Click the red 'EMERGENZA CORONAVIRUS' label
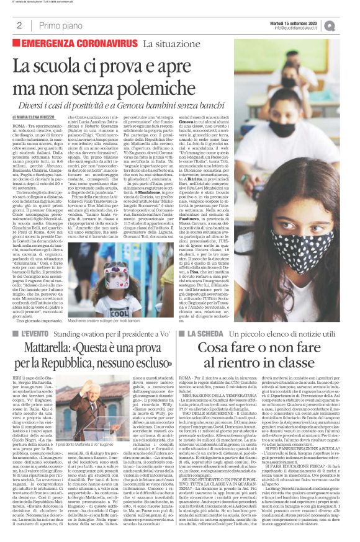pyautogui.click(x=79, y=45)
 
